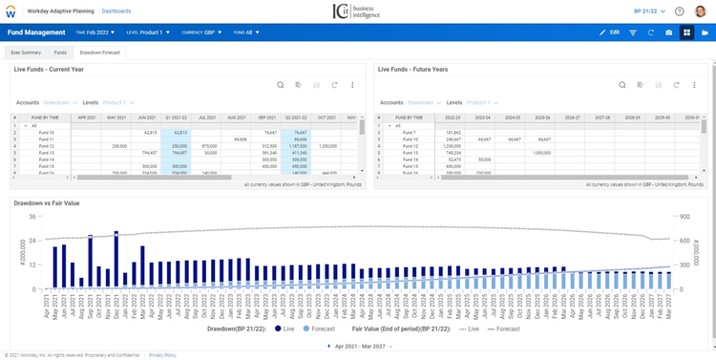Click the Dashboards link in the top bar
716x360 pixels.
116,11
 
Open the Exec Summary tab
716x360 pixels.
25,53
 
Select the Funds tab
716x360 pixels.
60,53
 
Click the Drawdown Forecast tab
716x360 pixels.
99,53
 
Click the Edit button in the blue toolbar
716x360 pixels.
609,32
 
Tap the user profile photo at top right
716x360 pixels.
700,11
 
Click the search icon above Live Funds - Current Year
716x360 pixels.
280,85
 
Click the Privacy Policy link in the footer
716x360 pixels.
162,354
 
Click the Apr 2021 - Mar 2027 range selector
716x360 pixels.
356,345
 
